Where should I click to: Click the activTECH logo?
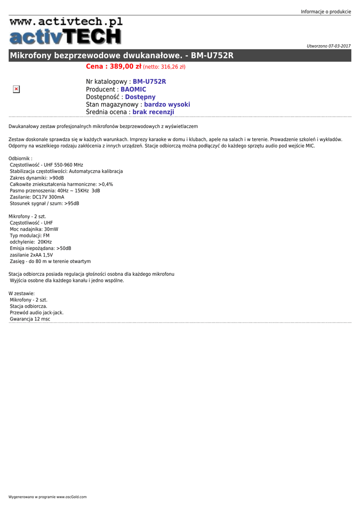pyautogui.click(x=65, y=37)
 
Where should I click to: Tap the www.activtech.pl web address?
pyautogui.click(x=66, y=21)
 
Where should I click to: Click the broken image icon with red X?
pyautogui.click(x=16, y=89)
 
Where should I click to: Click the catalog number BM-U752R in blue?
pyautogui.click(x=149, y=81)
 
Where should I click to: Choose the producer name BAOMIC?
pyautogui.click(x=133, y=89)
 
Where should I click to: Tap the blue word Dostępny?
pyautogui.click(x=140, y=97)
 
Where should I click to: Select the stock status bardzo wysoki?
pyautogui.click(x=167, y=105)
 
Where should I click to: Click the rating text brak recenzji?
pyautogui.click(x=153, y=113)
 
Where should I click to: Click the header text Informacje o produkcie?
pyautogui.click(x=326, y=11)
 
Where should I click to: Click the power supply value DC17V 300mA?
pyautogui.click(x=48, y=197)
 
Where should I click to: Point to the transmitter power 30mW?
pyautogui.click(x=51, y=229)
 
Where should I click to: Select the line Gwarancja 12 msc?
pyautogui.click(x=30, y=319)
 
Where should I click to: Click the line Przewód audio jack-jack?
pyautogui.click(x=37, y=313)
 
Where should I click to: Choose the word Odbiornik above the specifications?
pyautogui.click(x=19, y=158)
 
